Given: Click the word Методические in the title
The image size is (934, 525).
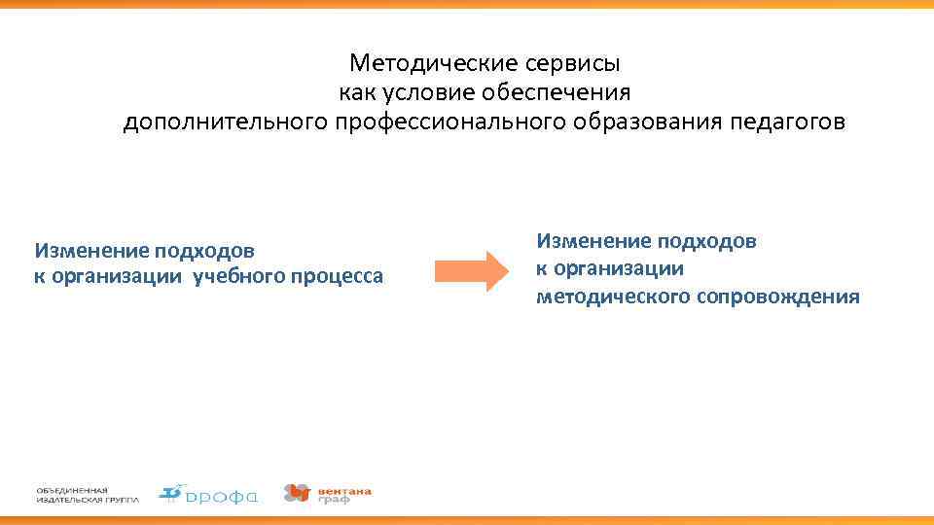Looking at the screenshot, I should (426, 64).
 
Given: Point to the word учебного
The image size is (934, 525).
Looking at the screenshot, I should (239, 277).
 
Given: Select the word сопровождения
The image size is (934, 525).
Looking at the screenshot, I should (778, 297).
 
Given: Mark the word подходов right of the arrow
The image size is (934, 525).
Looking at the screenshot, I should (709, 240).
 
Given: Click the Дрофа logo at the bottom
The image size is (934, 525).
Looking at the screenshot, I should (209, 495).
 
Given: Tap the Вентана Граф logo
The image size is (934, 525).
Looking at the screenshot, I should (328, 494).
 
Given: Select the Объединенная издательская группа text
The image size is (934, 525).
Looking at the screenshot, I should (88, 495).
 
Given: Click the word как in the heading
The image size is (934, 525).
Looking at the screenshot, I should (356, 93).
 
